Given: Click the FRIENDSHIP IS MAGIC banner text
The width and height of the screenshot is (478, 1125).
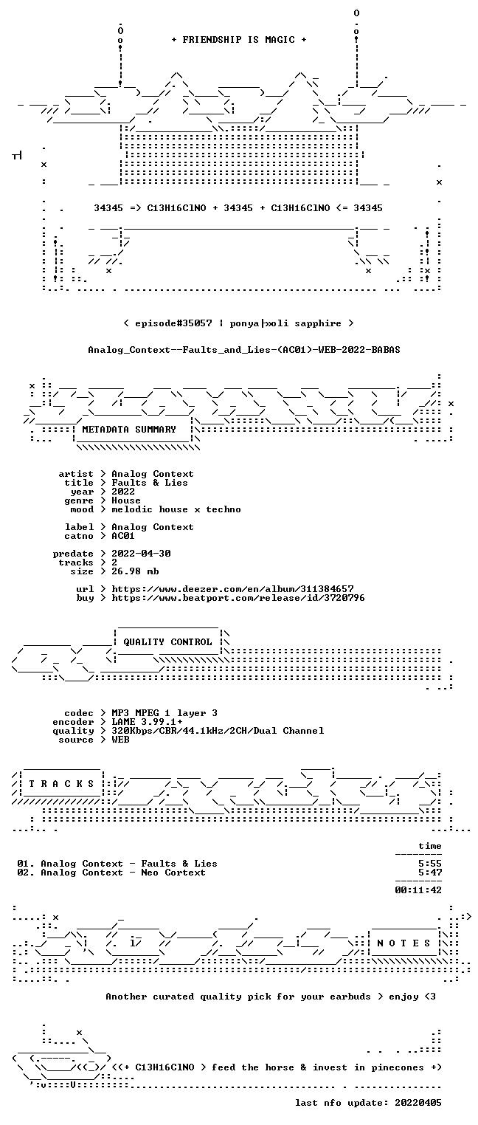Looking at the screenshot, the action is pyautogui.click(x=238, y=40).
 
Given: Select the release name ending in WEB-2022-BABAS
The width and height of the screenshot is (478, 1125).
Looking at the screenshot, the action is pyautogui.click(x=244, y=350).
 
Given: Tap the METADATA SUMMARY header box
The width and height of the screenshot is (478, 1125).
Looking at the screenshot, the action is pyautogui.click(x=134, y=430).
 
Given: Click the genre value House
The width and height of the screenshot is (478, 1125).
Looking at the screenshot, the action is pyautogui.click(x=126, y=500).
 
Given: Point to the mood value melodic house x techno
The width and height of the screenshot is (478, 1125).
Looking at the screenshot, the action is pyautogui.click(x=176, y=509).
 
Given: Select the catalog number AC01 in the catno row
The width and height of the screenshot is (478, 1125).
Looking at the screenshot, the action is pyautogui.click(x=123, y=536).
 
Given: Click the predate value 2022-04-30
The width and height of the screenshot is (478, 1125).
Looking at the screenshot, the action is pyautogui.click(x=141, y=554).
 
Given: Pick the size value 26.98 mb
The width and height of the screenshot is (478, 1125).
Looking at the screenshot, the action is pyautogui.click(x=135, y=571).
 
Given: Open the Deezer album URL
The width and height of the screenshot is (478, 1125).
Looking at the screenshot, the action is pyautogui.click(x=232, y=588).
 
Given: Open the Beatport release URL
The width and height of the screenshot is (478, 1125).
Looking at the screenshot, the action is pyautogui.click(x=238, y=598).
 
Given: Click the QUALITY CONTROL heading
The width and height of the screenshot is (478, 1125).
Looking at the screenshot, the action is pyautogui.click(x=167, y=641).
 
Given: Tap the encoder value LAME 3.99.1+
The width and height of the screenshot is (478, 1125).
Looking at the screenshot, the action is pyautogui.click(x=147, y=722).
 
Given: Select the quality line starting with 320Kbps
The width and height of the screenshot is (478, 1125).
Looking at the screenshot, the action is pyautogui.click(x=218, y=731).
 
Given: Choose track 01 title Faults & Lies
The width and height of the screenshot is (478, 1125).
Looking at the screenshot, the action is pyautogui.click(x=179, y=864).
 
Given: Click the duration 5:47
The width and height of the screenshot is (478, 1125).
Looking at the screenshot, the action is pyautogui.click(x=430, y=873).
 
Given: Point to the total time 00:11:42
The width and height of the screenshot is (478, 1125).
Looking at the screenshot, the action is pyautogui.click(x=418, y=890).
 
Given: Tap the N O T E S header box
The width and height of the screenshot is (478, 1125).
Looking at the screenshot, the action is pyautogui.click(x=404, y=943).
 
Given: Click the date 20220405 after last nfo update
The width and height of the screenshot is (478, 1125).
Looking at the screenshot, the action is pyautogui.click(x=418, y=1104).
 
